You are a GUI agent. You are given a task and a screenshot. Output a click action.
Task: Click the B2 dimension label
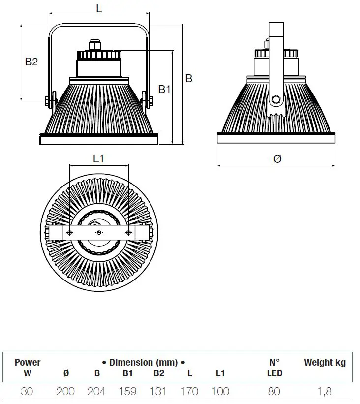(31, 62)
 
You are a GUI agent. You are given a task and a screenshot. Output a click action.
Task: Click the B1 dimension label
(164, 89)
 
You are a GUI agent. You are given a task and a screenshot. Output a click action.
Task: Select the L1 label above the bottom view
(98, 158)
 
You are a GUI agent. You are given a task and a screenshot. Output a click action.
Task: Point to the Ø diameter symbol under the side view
(277, 158)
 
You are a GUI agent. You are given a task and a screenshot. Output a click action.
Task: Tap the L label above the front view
(99, 8)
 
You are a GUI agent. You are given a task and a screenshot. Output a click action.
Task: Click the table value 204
(96, 392)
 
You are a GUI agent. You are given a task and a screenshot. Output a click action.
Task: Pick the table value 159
(127, 392)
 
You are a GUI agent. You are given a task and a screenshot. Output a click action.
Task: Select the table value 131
(158, 392)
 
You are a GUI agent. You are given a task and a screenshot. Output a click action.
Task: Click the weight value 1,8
(325, 392)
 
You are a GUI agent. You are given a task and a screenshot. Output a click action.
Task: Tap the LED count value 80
(274, 392)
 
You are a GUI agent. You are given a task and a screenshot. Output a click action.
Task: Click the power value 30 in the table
(28, 392)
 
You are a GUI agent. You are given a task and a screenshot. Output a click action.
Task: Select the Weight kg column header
(325, 363)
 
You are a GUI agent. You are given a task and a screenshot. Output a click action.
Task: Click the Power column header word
(28, 363)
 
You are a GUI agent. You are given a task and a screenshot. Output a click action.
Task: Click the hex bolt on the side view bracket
(275, 100)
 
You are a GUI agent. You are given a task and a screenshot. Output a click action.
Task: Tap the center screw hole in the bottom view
(99, 232)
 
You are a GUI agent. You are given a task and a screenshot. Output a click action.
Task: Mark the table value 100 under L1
(220, 392)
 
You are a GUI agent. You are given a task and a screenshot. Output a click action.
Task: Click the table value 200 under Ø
(65, 392)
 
